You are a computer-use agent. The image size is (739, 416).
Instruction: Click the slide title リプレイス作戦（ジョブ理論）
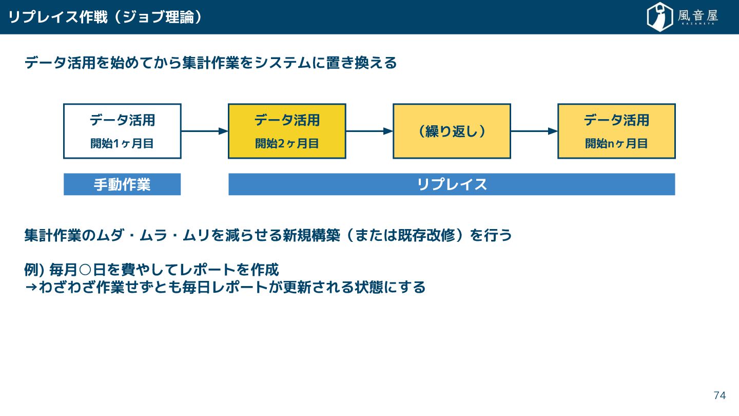click(105, 17)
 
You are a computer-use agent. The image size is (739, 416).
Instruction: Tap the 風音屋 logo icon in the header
click(659, 17)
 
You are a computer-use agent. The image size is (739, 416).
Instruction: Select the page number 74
click(719, 395)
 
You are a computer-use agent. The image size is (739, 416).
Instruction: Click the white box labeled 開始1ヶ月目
click(122, 131)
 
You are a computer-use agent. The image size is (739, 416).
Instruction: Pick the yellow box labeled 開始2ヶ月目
click(287, 131)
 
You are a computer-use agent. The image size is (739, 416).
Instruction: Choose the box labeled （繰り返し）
click(452, 131)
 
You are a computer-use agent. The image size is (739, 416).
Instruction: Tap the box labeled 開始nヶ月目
click(616, 131)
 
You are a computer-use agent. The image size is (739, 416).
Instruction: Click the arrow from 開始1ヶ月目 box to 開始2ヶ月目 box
click(204, 131)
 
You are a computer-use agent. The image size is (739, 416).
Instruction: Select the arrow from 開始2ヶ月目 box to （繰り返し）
click(369, 131)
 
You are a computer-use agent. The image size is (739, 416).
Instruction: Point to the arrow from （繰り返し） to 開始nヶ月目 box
click(534, 131)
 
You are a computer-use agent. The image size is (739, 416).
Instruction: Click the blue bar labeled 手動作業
click(122, 184)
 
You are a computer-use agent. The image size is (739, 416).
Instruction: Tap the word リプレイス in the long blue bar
click(452, 184)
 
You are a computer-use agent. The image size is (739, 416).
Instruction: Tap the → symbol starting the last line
click(31, 287)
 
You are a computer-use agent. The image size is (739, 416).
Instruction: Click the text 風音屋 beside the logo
click(698, 16)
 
